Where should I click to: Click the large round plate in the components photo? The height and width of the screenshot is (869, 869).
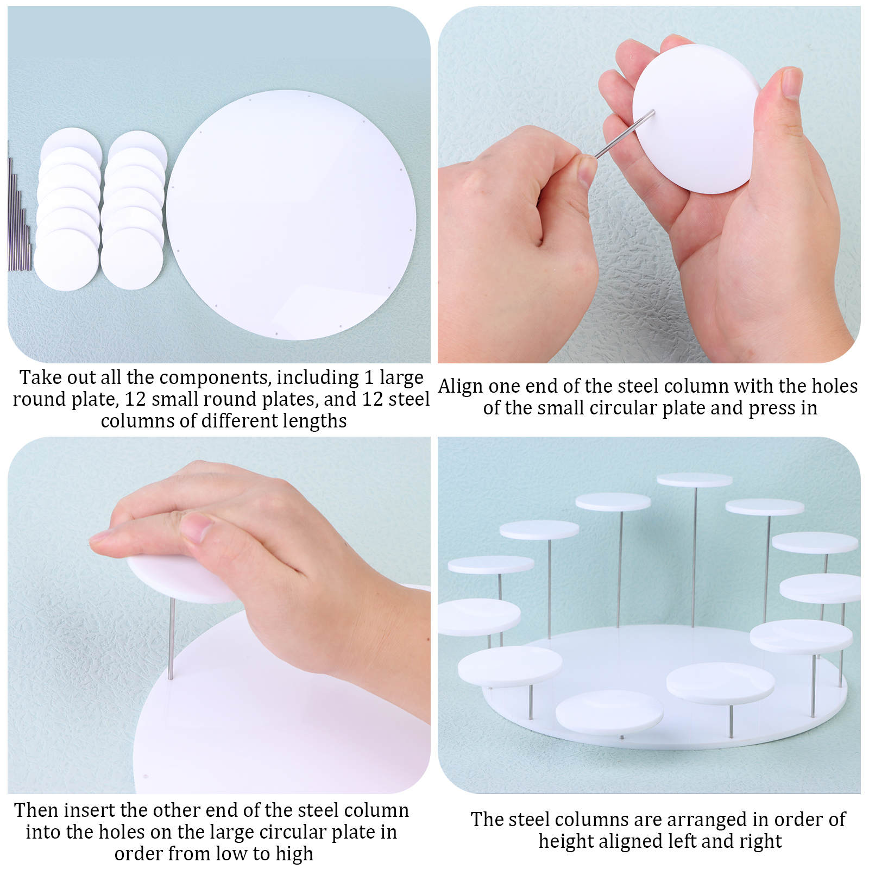click(x=291, y=215)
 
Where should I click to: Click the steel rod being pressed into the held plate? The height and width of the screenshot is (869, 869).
click(x=625, y=134)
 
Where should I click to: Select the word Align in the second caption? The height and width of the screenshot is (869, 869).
click(x=461, y=387)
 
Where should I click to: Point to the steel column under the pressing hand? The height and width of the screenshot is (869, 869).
click(x=172, y=639)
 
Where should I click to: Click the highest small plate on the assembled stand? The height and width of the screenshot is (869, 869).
click(x=694, y=480)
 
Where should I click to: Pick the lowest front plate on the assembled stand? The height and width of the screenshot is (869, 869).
click(x=610, y=712)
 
